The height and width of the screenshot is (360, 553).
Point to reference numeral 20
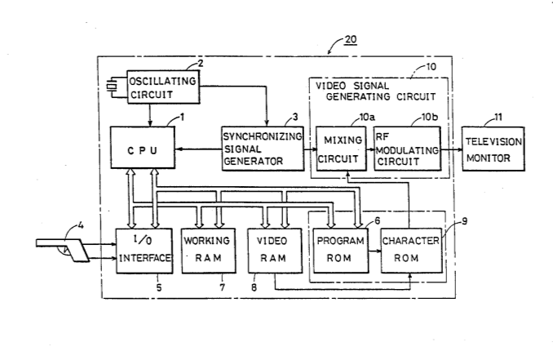pyautogui.click(x=350, y=39)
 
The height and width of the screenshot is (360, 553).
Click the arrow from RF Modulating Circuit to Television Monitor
pyautogui.click(x=451, y=150)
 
